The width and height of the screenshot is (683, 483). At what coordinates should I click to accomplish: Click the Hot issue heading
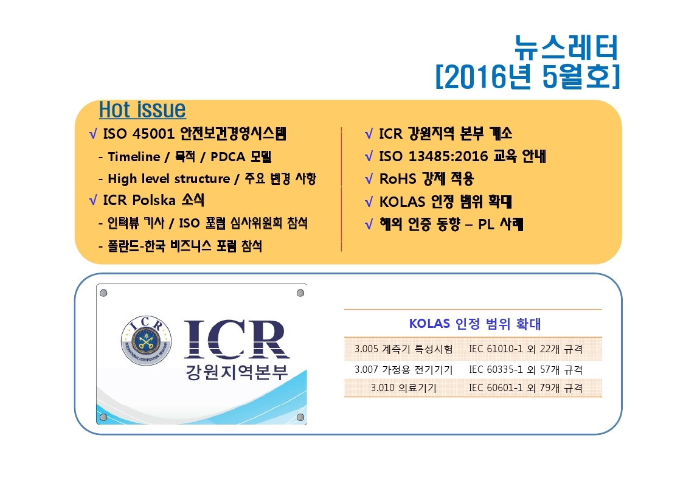tap(142, 109)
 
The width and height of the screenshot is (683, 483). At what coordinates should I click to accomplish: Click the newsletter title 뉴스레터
tap(566, 47)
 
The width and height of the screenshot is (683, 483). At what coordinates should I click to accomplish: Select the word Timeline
tap(134, 156)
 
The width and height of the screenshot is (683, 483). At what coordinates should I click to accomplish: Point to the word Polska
tap(154, 200)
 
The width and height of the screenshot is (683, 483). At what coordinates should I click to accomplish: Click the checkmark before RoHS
tap(369, 179)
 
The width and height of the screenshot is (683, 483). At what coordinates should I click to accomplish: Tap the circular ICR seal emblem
tap(146, 341)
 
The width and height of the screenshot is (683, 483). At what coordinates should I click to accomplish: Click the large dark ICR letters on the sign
tap(237, 339)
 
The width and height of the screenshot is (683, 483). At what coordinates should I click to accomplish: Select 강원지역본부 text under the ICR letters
tap(237, 371)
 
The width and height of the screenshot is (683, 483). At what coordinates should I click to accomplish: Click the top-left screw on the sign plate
tap(103, 293)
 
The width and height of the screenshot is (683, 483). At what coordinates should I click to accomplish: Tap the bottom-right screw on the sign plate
tap(300, 417)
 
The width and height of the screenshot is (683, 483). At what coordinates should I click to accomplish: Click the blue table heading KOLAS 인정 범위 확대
tap(475, 324)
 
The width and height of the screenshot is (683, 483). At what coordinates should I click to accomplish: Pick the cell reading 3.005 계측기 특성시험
tap(403, 349)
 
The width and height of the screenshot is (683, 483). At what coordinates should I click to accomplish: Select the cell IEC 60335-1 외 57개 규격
tap(525, 369)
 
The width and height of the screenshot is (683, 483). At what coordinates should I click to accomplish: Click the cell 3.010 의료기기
tap(403, 387)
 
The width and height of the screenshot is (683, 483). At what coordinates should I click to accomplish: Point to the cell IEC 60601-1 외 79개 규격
tap(525, 387)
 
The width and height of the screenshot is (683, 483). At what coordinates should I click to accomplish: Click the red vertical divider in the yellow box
tap(342, 189)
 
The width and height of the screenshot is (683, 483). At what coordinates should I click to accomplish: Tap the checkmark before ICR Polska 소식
tap(93, 200)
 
